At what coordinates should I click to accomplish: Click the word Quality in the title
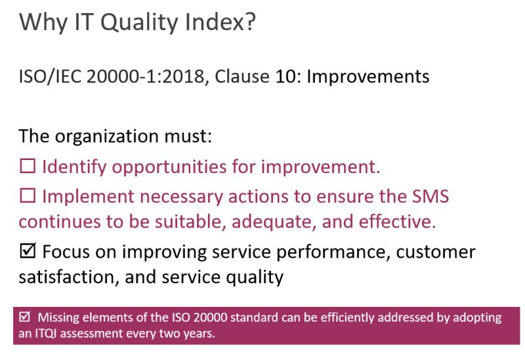click(x=119, y=24)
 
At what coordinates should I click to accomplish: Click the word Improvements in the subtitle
click(x=367, y=77)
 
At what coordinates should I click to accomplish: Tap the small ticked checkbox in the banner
click(x=25, y=318)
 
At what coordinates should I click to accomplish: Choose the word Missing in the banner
click(x=58, y=318)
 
